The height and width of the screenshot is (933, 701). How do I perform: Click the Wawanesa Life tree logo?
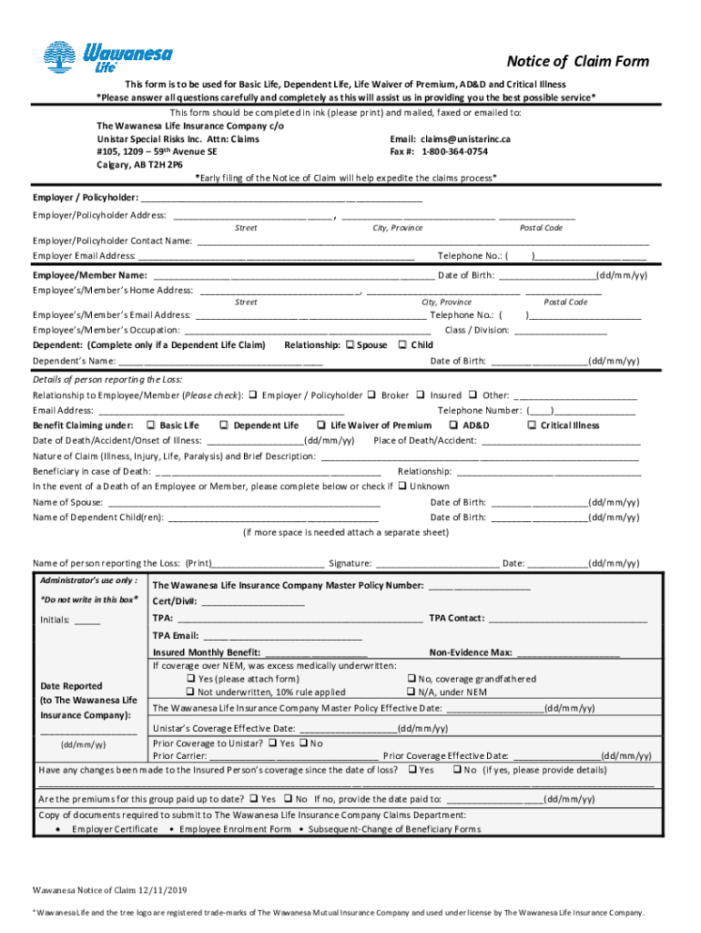pos(62,56)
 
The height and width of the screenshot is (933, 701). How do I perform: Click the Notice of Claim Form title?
pos(578,61)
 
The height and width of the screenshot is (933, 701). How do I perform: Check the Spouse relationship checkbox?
pos(350,345)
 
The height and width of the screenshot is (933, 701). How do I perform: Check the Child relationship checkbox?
pos(403,345)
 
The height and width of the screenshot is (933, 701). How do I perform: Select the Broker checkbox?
pos(371,395)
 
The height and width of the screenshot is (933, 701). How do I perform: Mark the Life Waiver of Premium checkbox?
pos(321,425)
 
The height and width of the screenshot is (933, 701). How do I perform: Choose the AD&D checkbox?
pos(453,425)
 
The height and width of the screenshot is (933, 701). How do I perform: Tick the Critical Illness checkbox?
pos(532,425)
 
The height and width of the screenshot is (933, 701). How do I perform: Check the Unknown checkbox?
pos(401,487)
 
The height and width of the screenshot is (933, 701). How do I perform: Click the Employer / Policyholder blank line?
pos(282,199)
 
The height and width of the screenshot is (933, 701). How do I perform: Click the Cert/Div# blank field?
pos(253,602)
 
